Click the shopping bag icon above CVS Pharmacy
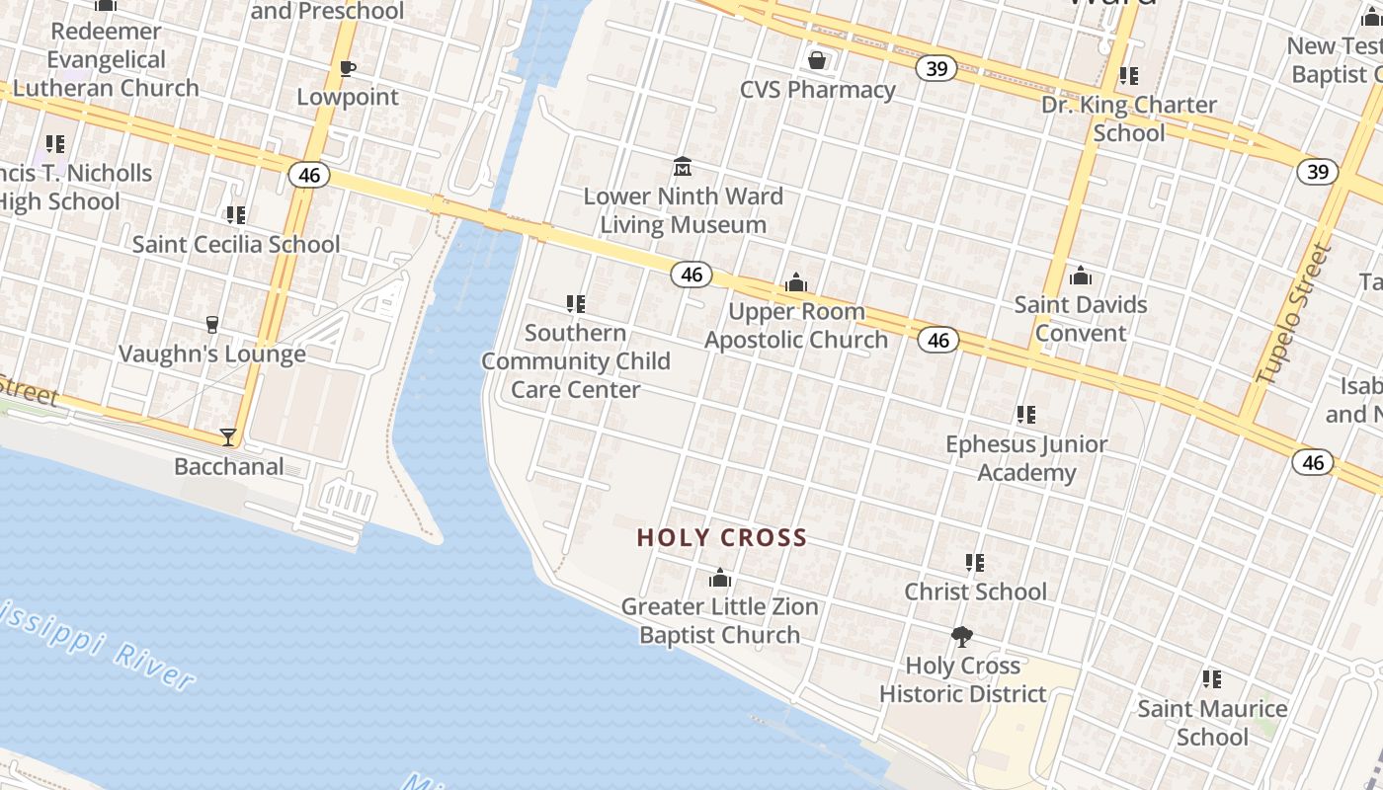pyautogui.click(x=817, y=61)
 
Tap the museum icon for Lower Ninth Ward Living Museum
pyautogui.click(x=683, y=166)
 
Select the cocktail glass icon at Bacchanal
pyautogui.click(x=228, y=436)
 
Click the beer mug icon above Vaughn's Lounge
pyautogui.click(x=211, y=325)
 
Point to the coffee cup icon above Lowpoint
pyautogui.click(x=347, y=68)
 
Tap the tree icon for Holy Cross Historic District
pyautogui.click(x=961, y=637)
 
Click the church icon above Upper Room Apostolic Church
pyautogui.click(x=796, y=283)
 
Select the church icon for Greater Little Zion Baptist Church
pyautogui.click(x=720, y=578)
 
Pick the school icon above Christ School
pyautogui.click(x=975, y=563)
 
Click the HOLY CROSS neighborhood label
pyautogui.click(x=722, y=538)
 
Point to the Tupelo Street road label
pyautogui.click(x=1294, y=314)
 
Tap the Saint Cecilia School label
pyautogui.click(x=236, y=244)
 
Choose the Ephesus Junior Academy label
pyautogui.click(x=1026, y=458)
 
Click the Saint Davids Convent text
pyautogui.click(x=1081, y=318)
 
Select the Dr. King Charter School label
pyautogui.click(x=1129, y=118)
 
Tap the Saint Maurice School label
pyautogui.click(x=1212, y=723)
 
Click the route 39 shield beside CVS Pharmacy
pyautogui.click(x=936, y=68)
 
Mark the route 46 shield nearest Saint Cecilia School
pyautogui.click(x=309, y=175)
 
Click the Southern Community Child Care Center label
pyautogui.click(x=575, y=360)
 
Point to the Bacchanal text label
pyautogui.click(x=229, y=466)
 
